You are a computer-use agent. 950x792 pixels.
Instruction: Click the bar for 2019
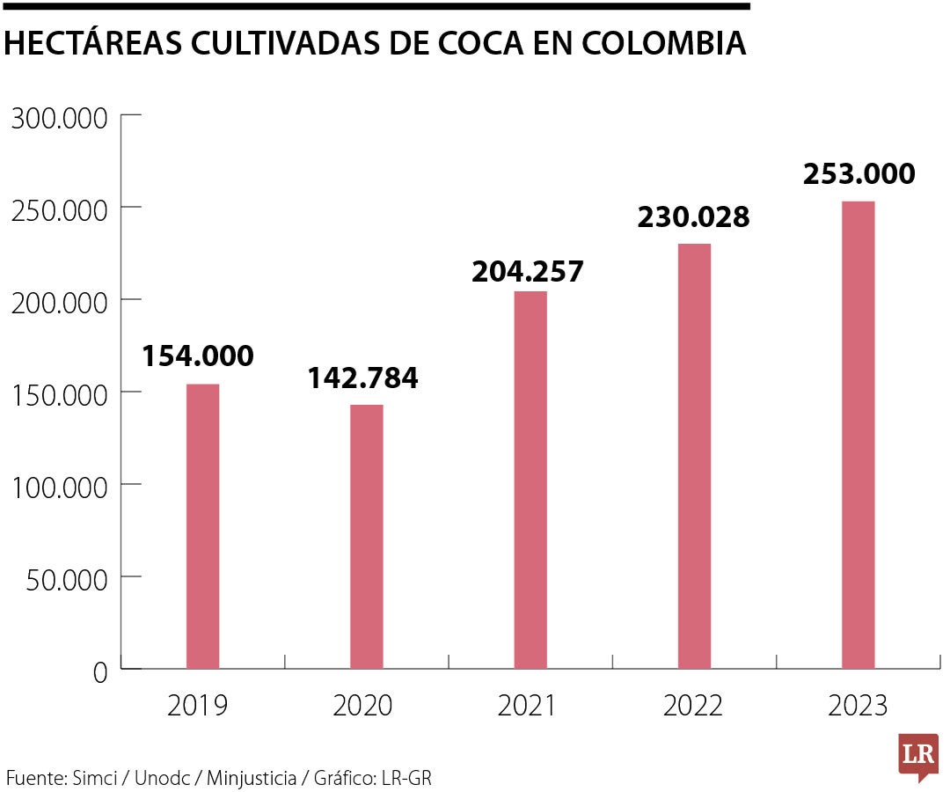pyautogui.click(x=203, y=526)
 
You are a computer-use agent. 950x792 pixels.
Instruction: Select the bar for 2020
pyautogui.click(x=367, y=536)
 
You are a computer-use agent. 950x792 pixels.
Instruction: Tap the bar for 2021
pyautogui.click(x=530, y=480)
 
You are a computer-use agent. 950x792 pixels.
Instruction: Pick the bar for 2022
pyautogui.click(x=694, y=456)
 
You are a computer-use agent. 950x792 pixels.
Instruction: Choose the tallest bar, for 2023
pyautogui.click(x=858, y=435)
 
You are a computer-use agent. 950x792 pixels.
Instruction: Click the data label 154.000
pyautogui.click(x=198, y=356)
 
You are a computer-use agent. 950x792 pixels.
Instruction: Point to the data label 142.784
pyautogui.click(x=362, y=378)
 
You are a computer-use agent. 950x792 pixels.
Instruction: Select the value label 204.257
pyautogui.click(x=528, y=272)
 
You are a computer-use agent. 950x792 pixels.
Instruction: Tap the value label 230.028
pyautogui.click(x=693, y=217)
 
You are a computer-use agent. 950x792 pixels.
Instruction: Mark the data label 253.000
pyautogui.click(x=859, y=174)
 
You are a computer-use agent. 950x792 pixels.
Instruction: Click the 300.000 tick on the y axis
pyautogui.click(x=59, y=118)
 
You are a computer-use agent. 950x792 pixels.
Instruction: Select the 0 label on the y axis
pyautogui.click(x=99, y=673)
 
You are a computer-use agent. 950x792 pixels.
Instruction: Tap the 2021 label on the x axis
pyautogui.click(x=527, y=706)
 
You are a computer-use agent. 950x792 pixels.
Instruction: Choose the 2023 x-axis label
pyautogui.click(x=858, y=706)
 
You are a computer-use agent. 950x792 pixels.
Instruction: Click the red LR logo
pyautogui.click(x=918, y=755)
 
